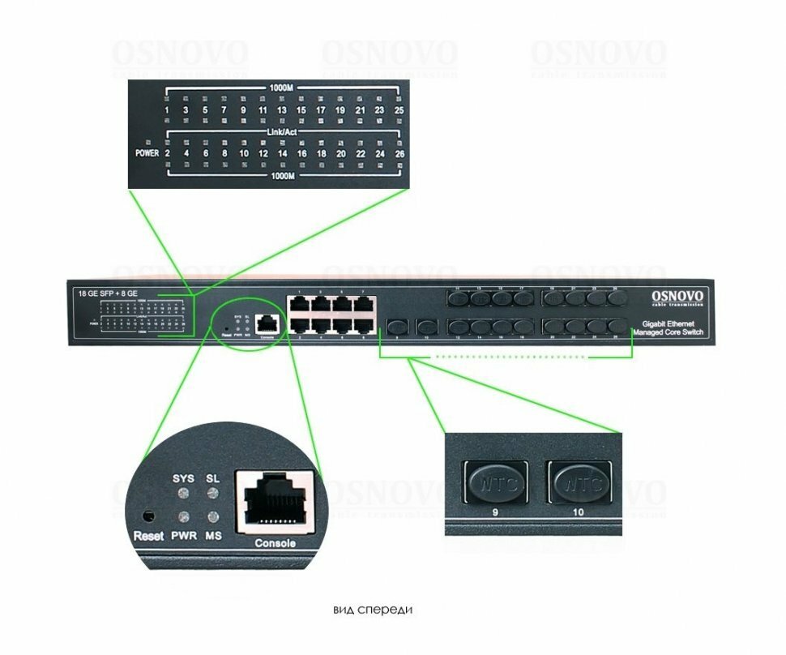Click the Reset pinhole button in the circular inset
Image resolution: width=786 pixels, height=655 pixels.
point(147,516)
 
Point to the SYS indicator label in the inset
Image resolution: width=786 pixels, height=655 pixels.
point(184,479)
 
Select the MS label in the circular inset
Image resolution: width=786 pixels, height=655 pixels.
point(214,536)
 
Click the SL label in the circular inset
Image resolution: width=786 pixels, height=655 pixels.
point(213,479)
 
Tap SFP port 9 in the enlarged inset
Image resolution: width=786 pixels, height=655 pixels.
point(494,483)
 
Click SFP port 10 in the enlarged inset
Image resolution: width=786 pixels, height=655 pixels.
point(579,483)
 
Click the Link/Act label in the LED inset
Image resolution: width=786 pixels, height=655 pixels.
point(282,131)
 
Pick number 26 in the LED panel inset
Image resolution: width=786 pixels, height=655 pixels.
point(399,152)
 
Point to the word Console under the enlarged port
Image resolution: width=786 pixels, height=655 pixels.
point(275,543)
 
